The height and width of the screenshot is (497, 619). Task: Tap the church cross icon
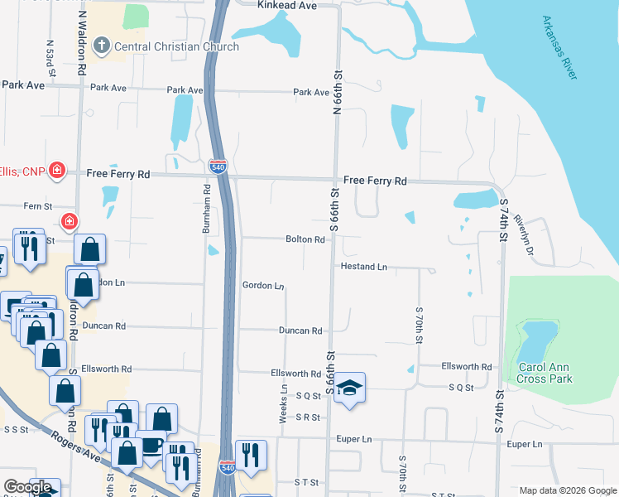(x=100, y=46)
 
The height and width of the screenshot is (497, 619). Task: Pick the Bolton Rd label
(x=305, y=239)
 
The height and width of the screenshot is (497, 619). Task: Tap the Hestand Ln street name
(x=364, y=267)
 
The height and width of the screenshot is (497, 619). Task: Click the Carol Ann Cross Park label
(x=545, y=373)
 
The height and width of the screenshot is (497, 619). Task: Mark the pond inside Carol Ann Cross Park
(x=537, y=339)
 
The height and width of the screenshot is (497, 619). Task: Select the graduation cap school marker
(x=350, y=388)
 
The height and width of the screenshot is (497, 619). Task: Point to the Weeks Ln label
(x=284, y=404)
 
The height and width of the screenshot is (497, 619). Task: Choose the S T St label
(x=306, y=481)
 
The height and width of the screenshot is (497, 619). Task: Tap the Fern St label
(x=37, y=206)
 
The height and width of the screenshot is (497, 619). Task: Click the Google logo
(x=26, y=487)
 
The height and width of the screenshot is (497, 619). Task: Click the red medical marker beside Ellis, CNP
(x=57, y=171)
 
